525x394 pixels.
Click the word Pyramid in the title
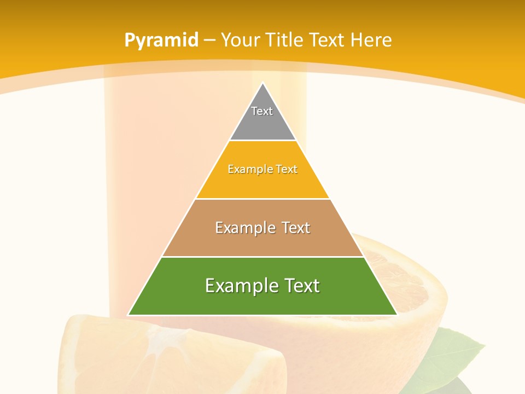point(161,40)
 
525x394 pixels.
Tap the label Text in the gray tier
point(262,111)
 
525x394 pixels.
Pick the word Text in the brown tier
point(293,228)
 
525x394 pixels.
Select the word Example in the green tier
point(238,286)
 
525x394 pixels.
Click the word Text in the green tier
point(298,286)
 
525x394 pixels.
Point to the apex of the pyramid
point(262,83)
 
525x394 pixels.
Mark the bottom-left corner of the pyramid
point(129,315)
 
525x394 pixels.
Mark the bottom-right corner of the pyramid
point(397,315)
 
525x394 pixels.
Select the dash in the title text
point(210,40)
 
